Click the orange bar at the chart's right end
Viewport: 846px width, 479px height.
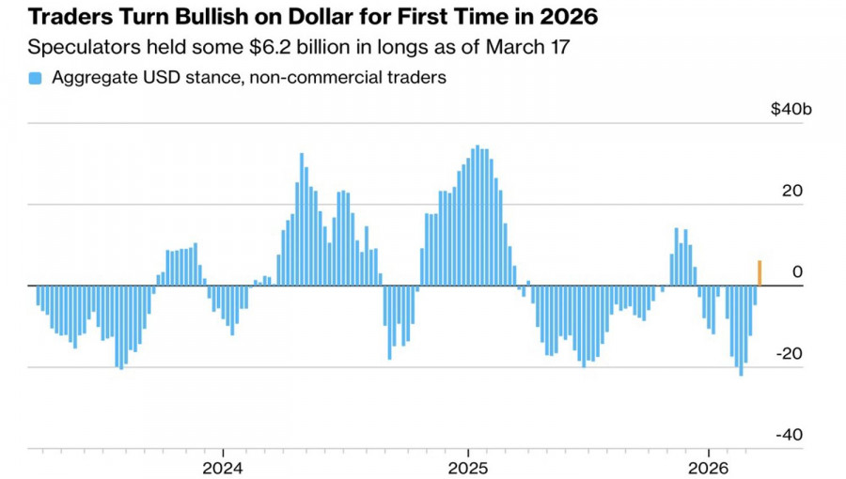pyautogui.click(x=760, y=273)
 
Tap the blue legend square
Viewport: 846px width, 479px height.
pyautogui.click(x=35, y=78)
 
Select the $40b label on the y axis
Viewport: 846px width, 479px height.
pyautogui.click(x=790, y=110)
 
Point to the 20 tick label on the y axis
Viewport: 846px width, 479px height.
pyautogui.click(x=794, y=191)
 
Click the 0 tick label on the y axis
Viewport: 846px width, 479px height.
pyautogui.click(x=798, y=272)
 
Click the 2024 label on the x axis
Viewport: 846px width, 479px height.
pyautogui.click(x=225, y=468)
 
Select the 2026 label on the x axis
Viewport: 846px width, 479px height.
pyautogui.click(x=709, y=468)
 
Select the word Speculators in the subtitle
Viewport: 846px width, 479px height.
pyautogui.click(x=78, y=48)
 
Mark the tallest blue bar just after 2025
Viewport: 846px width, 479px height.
pyautogui.click(x=478, y=216)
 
